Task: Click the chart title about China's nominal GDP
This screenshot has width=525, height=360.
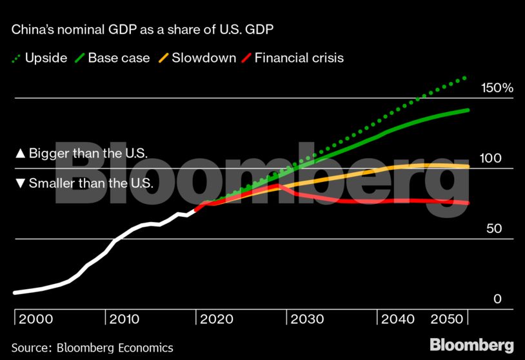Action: click(x=145, y=30)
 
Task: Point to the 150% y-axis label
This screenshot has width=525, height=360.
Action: click(x=497, y=88)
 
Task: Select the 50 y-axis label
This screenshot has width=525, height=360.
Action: click(x=493, y=229)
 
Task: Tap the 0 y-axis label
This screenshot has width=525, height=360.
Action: click(x=497, y=299)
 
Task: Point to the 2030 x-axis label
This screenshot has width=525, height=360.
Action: click(x=308, y=319)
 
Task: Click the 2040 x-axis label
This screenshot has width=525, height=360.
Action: click(x=399, y=319)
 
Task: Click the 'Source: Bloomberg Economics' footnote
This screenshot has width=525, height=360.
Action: click(x=92, y=348)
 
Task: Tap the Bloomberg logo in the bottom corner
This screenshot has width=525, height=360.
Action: click(x=471, y=344)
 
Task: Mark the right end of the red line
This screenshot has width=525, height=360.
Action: click(x=468, y=203)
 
